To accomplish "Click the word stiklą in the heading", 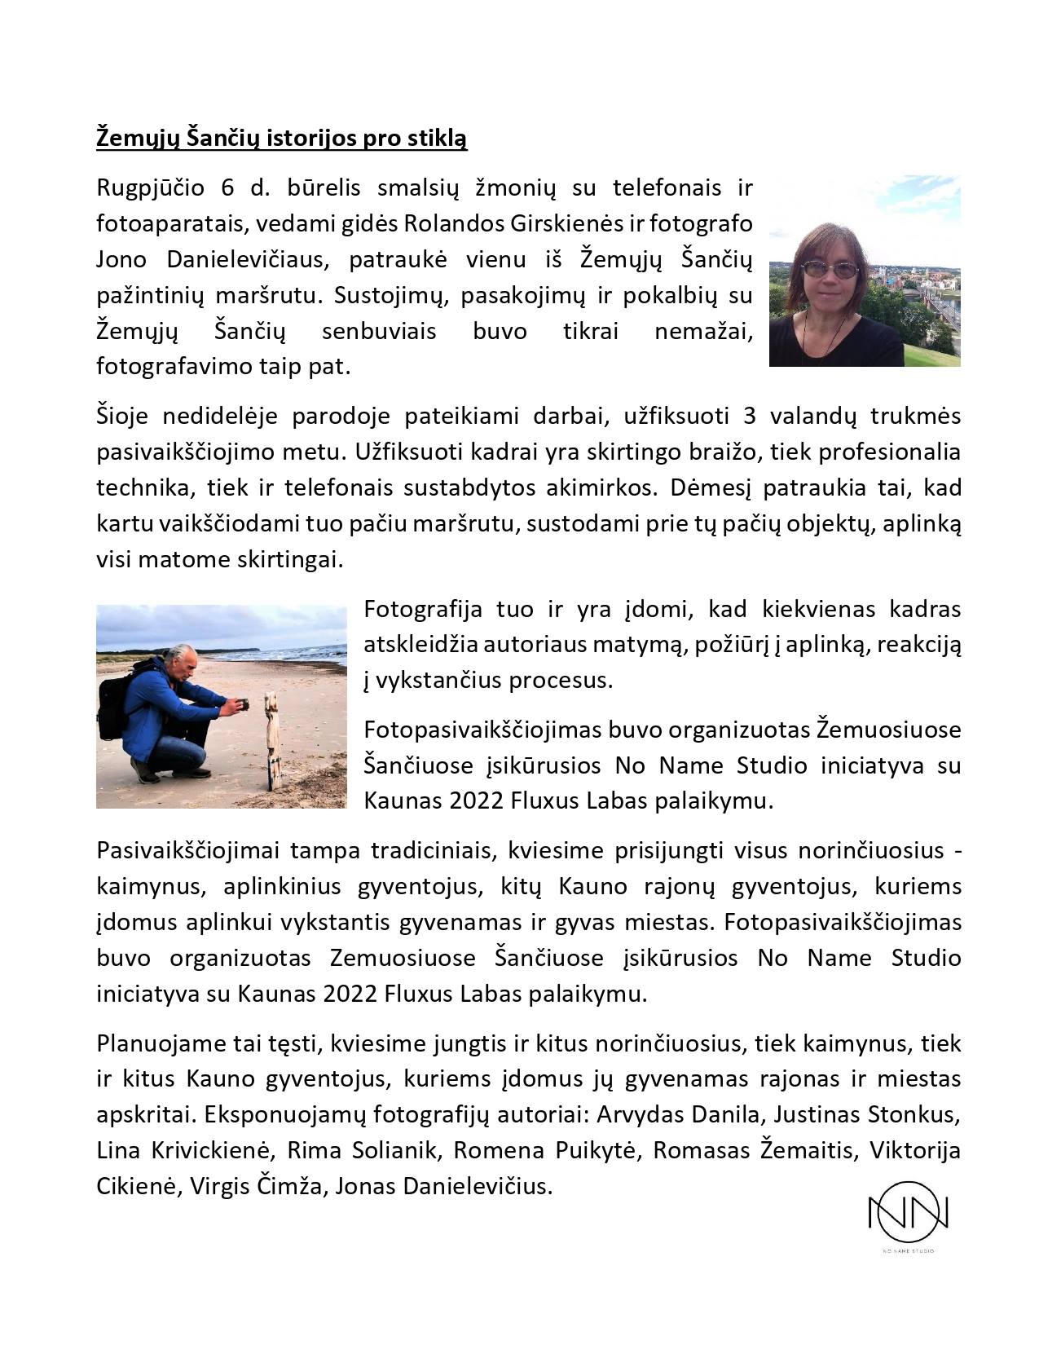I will coord(437,139).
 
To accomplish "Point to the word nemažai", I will coord(703,332).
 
